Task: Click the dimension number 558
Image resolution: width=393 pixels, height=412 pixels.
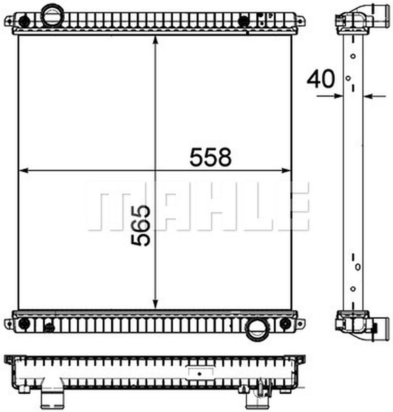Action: [x=210, y=157]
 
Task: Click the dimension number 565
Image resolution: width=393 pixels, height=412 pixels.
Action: [x=141, y=226]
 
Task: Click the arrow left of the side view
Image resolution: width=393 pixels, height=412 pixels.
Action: [x=337, y=96]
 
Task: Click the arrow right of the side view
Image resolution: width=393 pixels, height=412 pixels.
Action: [x=369, y=96]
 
